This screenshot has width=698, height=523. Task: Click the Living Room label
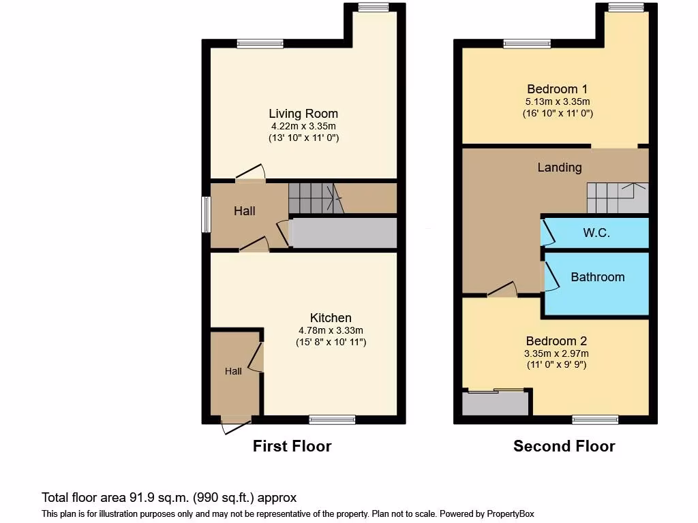click(x=303, y=114)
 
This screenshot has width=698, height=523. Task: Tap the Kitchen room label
click(x=331, y=318)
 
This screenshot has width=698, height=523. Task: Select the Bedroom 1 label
click(x=557, y=89)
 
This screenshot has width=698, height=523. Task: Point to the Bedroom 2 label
click(x=556, y=341)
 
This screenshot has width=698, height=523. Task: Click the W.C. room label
click(x=596, y=233)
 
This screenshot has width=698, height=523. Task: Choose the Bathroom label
click(x=597, y=277)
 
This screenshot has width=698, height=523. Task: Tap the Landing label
click(x=560, y=168)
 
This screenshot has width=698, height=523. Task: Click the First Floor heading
click(x=292, y=447)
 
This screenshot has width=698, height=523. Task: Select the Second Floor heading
click(x=564, y=447)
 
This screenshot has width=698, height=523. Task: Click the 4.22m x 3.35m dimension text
click(x=303, y=126)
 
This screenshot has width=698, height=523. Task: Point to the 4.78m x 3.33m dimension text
click(x=331, y=330)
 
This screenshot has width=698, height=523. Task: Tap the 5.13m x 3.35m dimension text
click(x=557, y=101)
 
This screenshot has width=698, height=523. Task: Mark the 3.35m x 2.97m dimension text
click(x=556, y=353)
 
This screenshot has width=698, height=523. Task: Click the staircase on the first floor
click(x=314, y=197)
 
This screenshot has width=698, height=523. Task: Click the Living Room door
click(x=250, y=173)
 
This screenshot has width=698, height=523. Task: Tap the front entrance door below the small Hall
click(x=236, y=425)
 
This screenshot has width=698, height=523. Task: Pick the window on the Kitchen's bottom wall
click(x=332, y=419)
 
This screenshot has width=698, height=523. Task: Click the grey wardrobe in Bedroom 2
click(x=495, y=404)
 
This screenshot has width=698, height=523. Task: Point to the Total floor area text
click(x=169, y=498)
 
